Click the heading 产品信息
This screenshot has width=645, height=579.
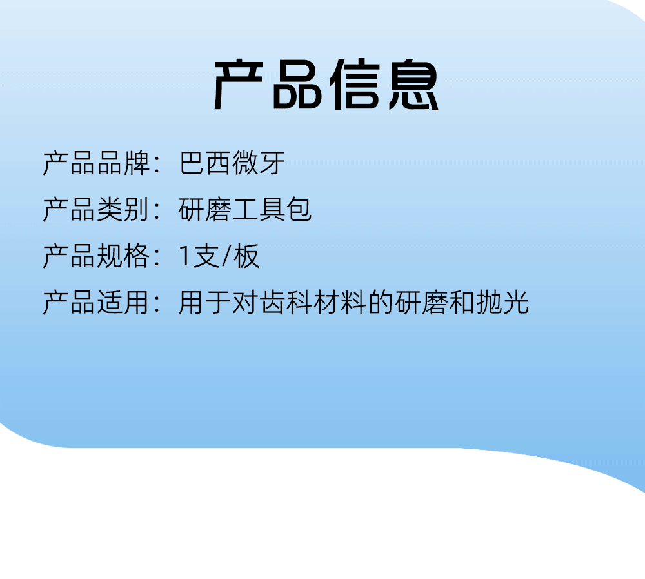tap(326, 85)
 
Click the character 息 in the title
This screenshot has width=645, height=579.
tap(414, 85)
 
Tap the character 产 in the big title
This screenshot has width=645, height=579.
tap(238, 85)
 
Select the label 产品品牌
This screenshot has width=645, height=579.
tap(96, 163)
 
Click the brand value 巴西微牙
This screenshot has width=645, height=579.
tap(232, 163)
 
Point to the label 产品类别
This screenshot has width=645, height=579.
tap(96, 210)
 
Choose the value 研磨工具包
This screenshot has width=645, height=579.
tap(244, 210)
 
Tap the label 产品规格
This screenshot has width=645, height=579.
tap(96, 256)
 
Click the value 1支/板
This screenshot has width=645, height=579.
tap(219, 256)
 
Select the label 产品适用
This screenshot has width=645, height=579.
tap(96, 303)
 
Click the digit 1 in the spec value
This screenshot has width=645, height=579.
tap(184, 256)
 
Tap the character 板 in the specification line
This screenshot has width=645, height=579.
tap(246, 256)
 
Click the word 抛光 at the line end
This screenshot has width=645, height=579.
tap(502, 303)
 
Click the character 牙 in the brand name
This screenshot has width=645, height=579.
tap(272, 163)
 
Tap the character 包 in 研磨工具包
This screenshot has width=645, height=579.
tap(299, 210)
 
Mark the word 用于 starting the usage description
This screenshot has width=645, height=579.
tap(205, 303)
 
